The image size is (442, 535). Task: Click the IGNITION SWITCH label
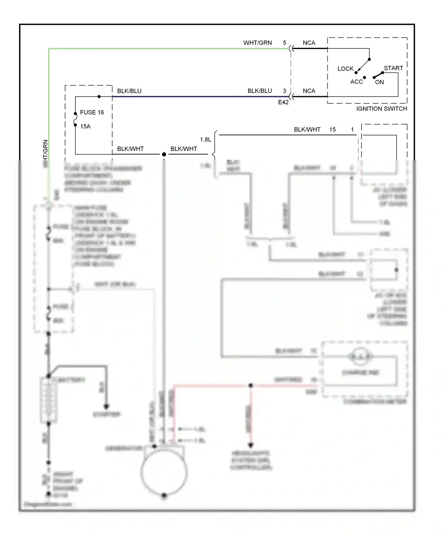pos(382,109)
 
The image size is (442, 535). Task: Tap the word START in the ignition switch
pos(393,68)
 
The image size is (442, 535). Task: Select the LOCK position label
pos(345,69)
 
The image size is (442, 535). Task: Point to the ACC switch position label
pos(356,82)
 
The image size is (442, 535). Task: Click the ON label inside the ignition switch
pos(379,82)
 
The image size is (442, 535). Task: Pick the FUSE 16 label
pos(92,112)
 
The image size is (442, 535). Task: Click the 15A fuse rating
pos(85,127)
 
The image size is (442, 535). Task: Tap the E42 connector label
pos(283,102)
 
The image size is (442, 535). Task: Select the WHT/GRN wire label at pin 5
pos(258,43)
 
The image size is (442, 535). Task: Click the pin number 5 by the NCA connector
pos(284,43)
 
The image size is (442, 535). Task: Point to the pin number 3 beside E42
pos(284,91)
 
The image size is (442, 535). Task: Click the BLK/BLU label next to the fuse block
pos(129,91)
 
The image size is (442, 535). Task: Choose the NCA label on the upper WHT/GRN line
pos(309,43)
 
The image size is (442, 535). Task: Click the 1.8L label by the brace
pos(205,140)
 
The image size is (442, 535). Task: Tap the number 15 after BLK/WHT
pos(332,129)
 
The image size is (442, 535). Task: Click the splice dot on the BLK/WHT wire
pos(164,154)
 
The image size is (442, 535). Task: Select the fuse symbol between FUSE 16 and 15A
pos(75,119)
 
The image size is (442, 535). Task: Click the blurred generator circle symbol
pos(164,472)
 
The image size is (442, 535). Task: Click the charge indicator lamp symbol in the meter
pos(360,357)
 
